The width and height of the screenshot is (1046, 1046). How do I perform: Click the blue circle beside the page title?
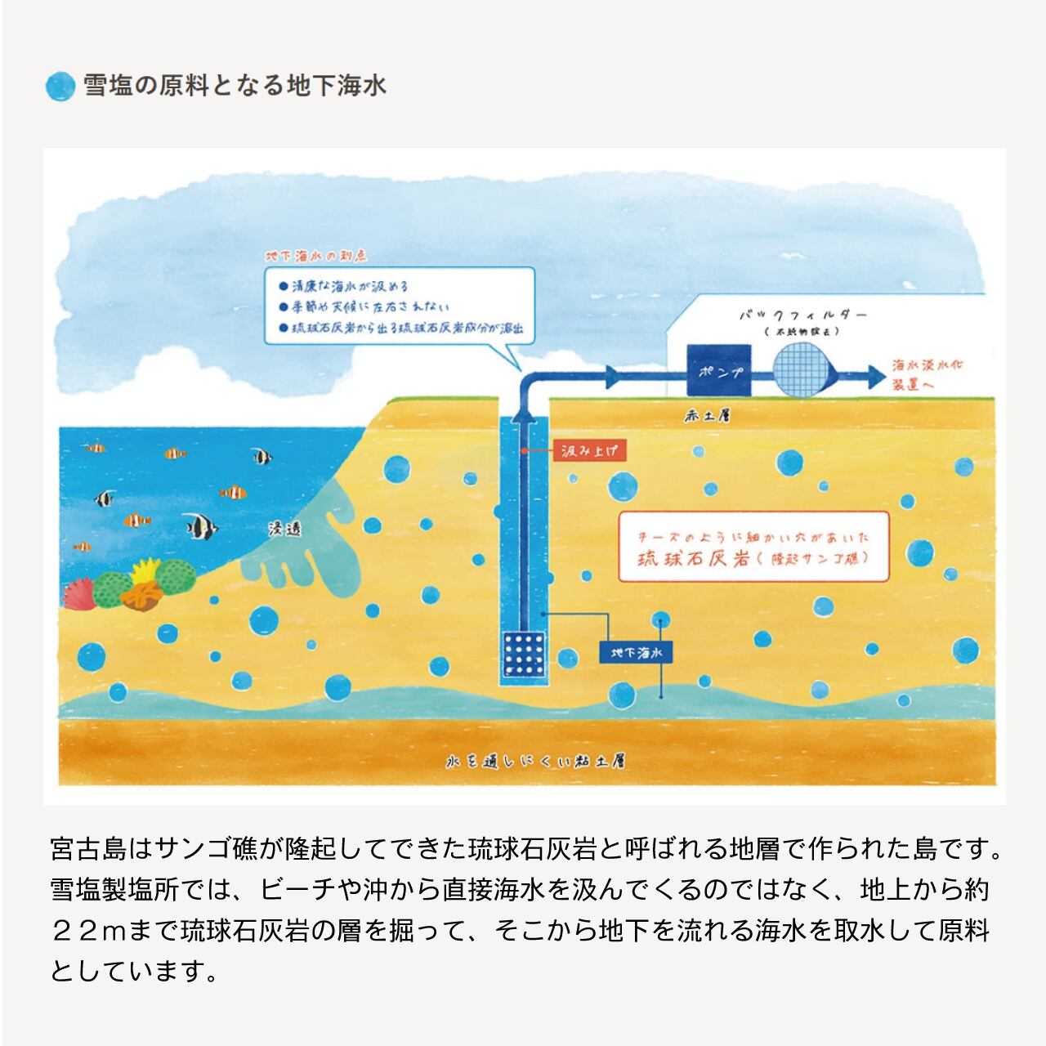tap(60, 86)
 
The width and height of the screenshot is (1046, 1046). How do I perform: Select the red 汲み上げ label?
tap(588, 451)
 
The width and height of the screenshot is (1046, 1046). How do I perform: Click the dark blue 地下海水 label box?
tap(635, 653)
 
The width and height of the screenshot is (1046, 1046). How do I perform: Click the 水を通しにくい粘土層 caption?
tap(535, 762)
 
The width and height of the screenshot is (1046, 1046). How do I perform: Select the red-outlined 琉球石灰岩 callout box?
tap(753, 547)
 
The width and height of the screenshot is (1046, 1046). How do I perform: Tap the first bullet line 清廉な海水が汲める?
tap(346, 287)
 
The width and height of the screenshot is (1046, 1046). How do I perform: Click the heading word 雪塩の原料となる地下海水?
tap(235, 86)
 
